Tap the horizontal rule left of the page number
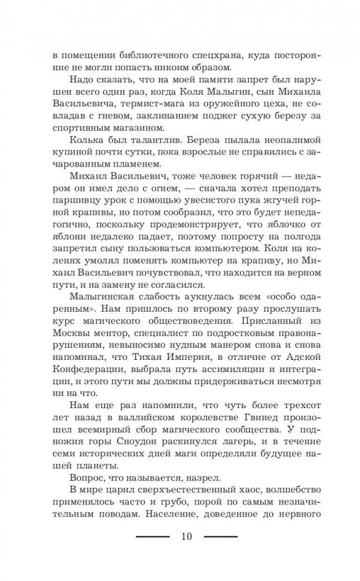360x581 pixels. pyautogui.click(x=152, y=536)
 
